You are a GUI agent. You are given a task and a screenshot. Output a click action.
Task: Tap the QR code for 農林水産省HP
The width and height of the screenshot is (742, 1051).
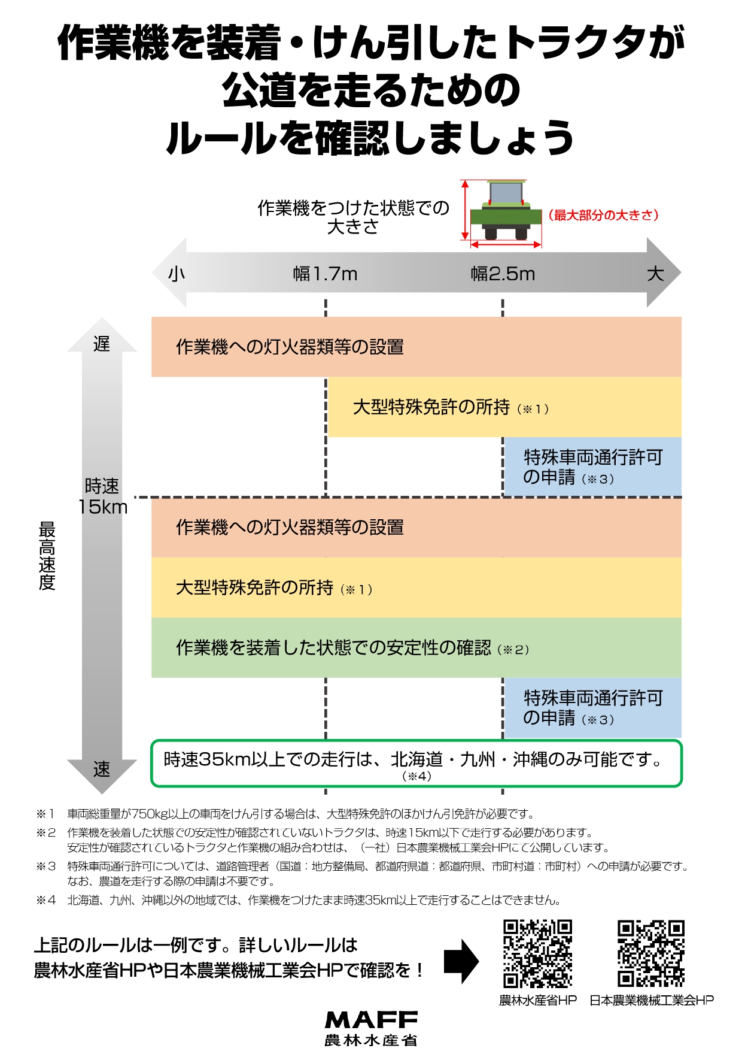click(x=537, y=953)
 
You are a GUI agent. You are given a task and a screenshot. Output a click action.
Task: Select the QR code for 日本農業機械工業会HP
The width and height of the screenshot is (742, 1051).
click(x=651, y=953)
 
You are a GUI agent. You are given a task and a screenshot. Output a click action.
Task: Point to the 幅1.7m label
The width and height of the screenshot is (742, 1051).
click(x=325, y=274)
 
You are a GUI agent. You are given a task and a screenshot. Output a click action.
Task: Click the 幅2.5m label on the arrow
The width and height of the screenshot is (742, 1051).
click(x=503, y=274)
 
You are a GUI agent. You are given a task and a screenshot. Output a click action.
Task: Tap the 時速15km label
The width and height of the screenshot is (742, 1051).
click(x=102, y=496)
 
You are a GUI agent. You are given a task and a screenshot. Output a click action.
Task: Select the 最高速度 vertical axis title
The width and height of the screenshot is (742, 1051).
click(x=47, y=556)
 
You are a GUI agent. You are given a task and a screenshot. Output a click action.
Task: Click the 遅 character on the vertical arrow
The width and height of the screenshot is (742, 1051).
click(x=102, y=344)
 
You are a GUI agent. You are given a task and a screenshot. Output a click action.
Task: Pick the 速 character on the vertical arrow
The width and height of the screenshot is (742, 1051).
click(x=102, y=769)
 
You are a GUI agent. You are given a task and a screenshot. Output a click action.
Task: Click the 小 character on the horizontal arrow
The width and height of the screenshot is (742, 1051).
click(x=177, y=274)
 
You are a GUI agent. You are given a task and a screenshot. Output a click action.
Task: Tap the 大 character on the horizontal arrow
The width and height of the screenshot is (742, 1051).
click(x=655, y=274)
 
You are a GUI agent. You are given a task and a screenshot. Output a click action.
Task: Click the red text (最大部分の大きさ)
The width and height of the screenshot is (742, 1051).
click(x=603, y=215)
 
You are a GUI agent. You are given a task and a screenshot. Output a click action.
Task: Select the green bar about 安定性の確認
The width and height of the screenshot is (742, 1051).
click(x=416, y=647)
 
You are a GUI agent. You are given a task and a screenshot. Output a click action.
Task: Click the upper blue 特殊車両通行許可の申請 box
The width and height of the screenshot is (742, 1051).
click(x=593, y=467)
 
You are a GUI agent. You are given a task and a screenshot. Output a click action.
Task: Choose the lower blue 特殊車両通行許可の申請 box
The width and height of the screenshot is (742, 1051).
click(x=593, y=707)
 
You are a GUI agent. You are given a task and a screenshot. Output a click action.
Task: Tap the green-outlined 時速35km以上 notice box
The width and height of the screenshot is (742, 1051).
click(x=416, y=764)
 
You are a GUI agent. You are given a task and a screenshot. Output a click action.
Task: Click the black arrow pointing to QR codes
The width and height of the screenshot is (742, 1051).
click(x=461, y=961)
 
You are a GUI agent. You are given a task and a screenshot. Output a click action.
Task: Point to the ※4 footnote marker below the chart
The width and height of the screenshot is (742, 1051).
click(x=46, y=900)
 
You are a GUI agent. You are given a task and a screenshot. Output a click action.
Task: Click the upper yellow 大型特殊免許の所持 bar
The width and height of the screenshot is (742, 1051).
click(x=505, y=407)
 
